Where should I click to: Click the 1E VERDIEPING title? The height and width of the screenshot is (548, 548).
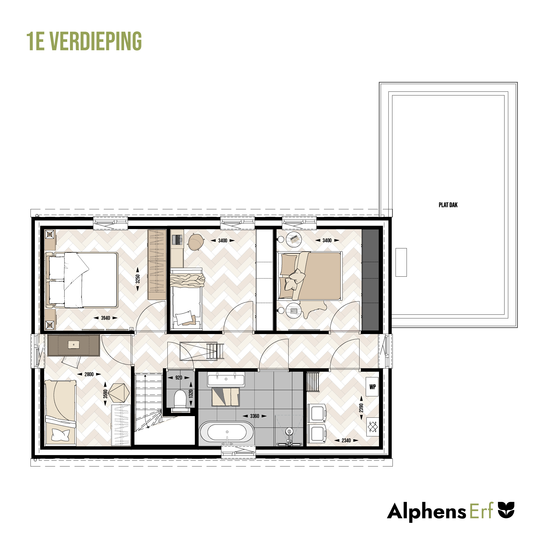pos(84,41)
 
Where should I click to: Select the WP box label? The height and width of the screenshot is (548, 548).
pos(372,387)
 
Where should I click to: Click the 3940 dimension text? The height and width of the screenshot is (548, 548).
pos(106,318)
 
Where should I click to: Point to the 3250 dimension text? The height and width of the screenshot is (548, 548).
pos(138,279)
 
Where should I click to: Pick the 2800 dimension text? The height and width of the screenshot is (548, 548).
pos(89,374)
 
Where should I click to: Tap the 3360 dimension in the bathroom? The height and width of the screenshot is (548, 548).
pos(255,416)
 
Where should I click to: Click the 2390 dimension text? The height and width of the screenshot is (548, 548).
pos(361,408)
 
